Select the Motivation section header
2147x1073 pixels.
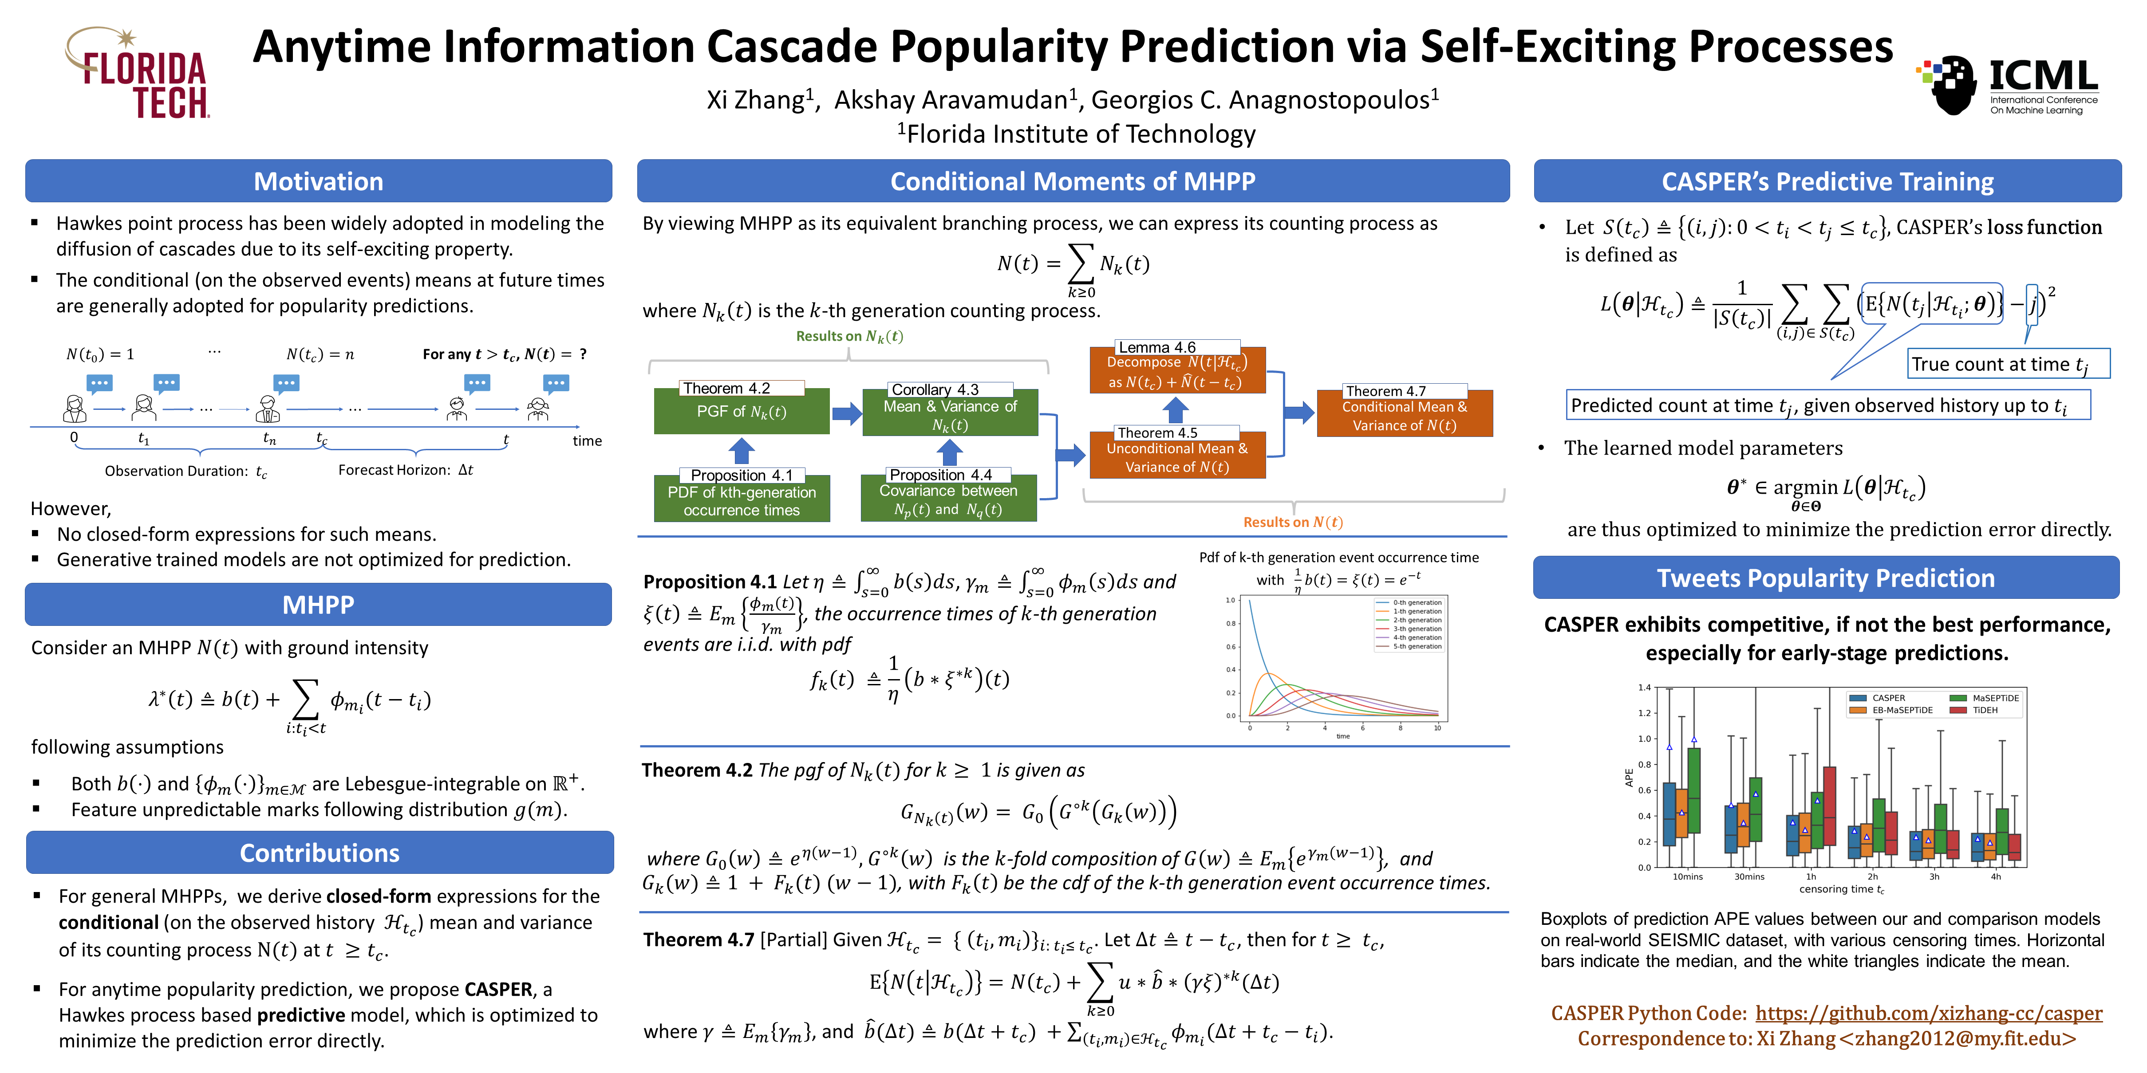pos(318,181)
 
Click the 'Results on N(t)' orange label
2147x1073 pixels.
pos(1293,523)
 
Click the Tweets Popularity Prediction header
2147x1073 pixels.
pos(1825,578)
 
